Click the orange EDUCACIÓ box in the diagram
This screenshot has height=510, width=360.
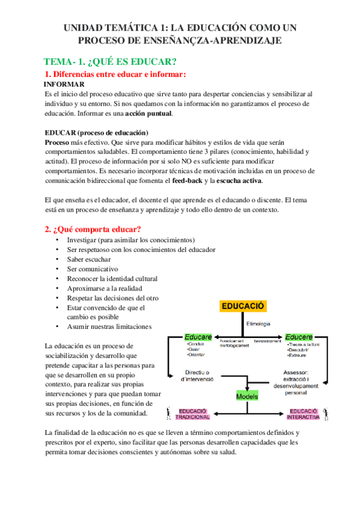(243, 306)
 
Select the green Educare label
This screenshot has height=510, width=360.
(198, 337)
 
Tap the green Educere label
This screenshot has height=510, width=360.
(299, 337)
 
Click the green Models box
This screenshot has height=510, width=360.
(247, 397)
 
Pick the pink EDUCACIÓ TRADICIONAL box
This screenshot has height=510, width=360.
(194, 414)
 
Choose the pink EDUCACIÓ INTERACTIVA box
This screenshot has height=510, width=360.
(302, 414)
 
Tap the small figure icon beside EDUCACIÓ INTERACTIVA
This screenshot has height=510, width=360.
(326, 413)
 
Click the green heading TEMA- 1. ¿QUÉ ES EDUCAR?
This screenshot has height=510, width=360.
(110, 62)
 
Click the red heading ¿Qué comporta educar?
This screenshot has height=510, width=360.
(93, 229)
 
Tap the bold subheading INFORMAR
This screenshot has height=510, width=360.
(64, 85)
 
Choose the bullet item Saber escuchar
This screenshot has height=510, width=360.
(89, 259)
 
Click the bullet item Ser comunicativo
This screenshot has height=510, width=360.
(93, 269)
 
